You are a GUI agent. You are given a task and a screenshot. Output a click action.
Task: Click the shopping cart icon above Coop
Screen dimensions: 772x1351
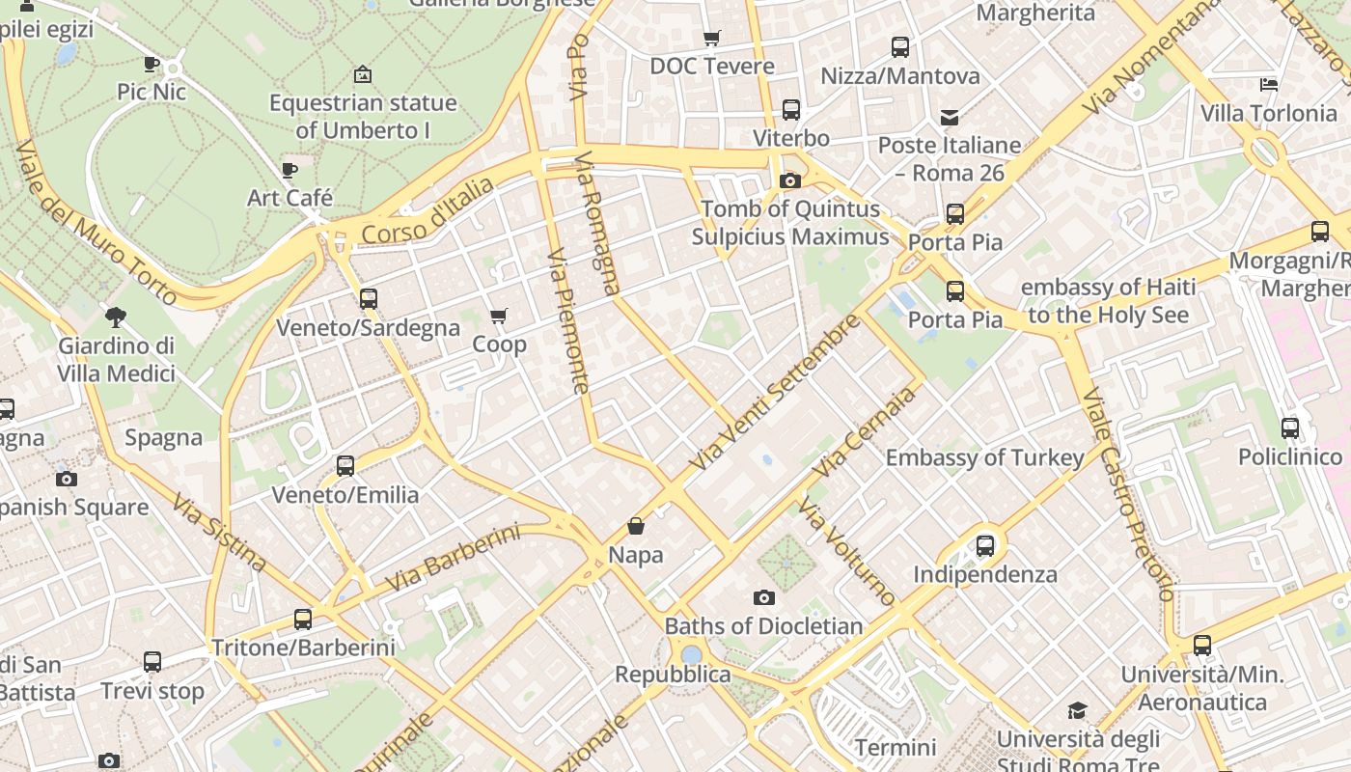pyautogui.click(x=499, y=317)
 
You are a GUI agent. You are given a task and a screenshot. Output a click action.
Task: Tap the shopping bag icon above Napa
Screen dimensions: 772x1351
pyautogui.click(x=636, y=526)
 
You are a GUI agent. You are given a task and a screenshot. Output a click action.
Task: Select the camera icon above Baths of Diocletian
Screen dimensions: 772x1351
pyautogui.click(x=764, y=598)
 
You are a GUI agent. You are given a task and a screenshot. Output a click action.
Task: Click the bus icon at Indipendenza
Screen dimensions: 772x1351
pyautogui.click(x=985, y=546)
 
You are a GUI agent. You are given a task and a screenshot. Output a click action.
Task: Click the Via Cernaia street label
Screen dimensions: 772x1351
pyautogui.click(x=864, y=432)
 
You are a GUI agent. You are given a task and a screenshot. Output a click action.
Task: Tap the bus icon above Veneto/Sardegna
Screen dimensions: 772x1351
pyautogui.click(x=369, y=299)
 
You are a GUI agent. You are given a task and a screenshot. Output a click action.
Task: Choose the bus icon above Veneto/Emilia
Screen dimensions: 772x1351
pyautogui.click(x=345, y=466)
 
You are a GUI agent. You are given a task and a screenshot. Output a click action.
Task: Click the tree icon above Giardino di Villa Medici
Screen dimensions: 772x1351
pyautogui.click(x=116, y=317)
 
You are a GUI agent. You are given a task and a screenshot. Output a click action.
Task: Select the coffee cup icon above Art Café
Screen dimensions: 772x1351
pyautogui.click(x=289, y=171)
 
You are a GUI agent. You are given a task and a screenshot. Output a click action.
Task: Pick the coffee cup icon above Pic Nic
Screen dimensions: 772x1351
pyautogui.click(x=152, y=65)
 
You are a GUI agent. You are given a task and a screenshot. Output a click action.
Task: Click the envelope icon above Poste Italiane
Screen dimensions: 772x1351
pyautogui.click(x=950, y=118)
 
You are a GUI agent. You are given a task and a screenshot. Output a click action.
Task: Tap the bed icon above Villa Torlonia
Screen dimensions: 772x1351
pyautogui.click(x=1269, y=85)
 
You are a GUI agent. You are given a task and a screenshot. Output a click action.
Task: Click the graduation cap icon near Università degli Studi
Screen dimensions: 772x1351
pyautogui.click(x=1077, y=711)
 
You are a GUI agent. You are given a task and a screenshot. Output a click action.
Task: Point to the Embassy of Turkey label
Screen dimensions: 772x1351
pyautogui.click(x=985, y=457)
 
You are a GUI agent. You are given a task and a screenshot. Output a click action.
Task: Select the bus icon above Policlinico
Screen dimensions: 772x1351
pyautogui.click(x=1290, y=428)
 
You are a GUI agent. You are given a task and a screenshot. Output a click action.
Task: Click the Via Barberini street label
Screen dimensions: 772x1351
pyautogui.click(x=453, y=559)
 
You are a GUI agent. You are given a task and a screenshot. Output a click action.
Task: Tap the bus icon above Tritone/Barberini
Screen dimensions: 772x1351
pyautogui.click(x=303, y=620)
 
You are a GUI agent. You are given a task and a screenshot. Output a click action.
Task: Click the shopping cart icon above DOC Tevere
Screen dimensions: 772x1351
pyautogui.click(x=712, y=39)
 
